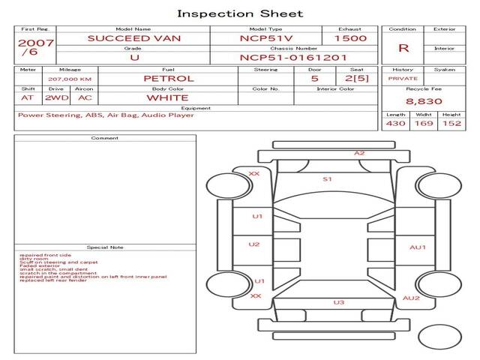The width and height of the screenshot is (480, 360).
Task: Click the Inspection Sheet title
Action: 240,13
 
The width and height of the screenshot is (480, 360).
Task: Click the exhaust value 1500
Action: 350,38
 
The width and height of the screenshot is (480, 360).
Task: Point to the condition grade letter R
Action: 403,48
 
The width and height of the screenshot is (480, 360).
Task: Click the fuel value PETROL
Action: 168,78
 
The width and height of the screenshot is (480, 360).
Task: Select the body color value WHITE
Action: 167,97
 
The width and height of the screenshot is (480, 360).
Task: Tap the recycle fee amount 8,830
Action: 424,100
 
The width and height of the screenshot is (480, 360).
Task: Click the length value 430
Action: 395,123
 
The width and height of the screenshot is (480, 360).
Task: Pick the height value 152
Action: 451,123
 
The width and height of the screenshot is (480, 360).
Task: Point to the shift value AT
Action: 28,97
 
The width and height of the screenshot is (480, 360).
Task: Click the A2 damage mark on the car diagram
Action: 359,153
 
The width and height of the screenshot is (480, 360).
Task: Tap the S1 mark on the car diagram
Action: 327,179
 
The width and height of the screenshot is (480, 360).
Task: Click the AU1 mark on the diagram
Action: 417,247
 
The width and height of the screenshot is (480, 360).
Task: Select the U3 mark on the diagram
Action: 339,302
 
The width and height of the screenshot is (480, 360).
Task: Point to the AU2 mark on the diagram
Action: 411,298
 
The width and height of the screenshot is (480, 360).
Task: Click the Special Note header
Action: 105,247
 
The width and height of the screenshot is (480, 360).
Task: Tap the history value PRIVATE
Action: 403,78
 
